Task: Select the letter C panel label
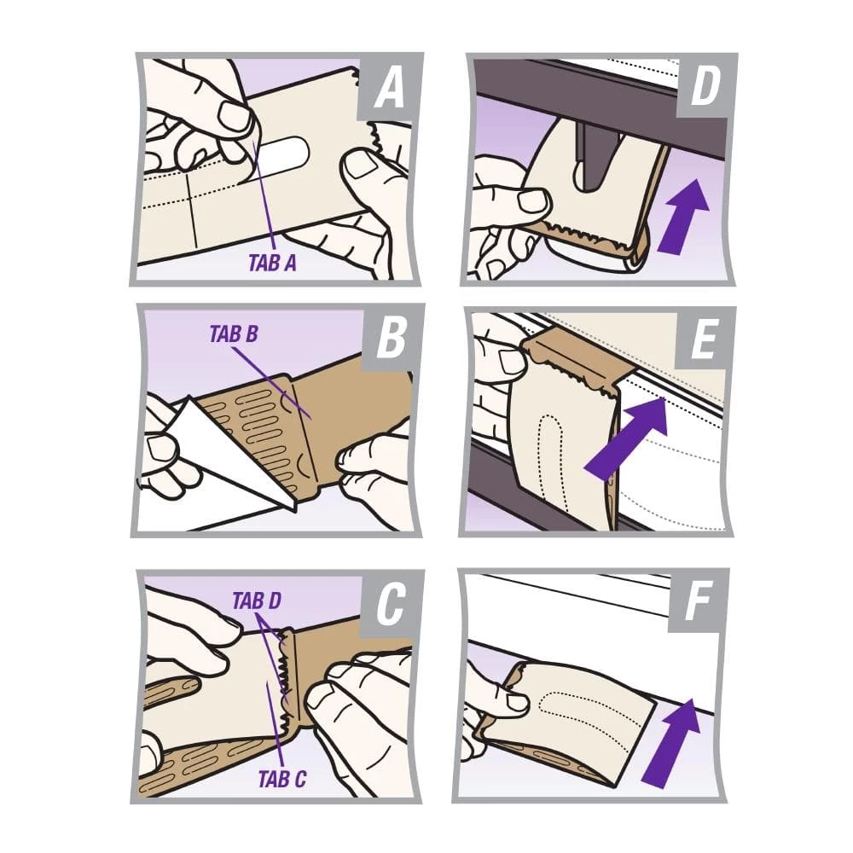(x=391, y=605)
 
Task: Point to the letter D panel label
(x=705, y=86)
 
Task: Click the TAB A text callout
(x=272, y=263)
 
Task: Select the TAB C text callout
(x=282, y=779)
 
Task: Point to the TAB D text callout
(x=257, y=601)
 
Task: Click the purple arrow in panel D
(x=684, y=216)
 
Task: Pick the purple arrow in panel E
(x=625, y=438)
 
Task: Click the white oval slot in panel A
(x=282, y=151)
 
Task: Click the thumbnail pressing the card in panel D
(x=532, y=200)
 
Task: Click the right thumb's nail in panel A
(x=359, y=165)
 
